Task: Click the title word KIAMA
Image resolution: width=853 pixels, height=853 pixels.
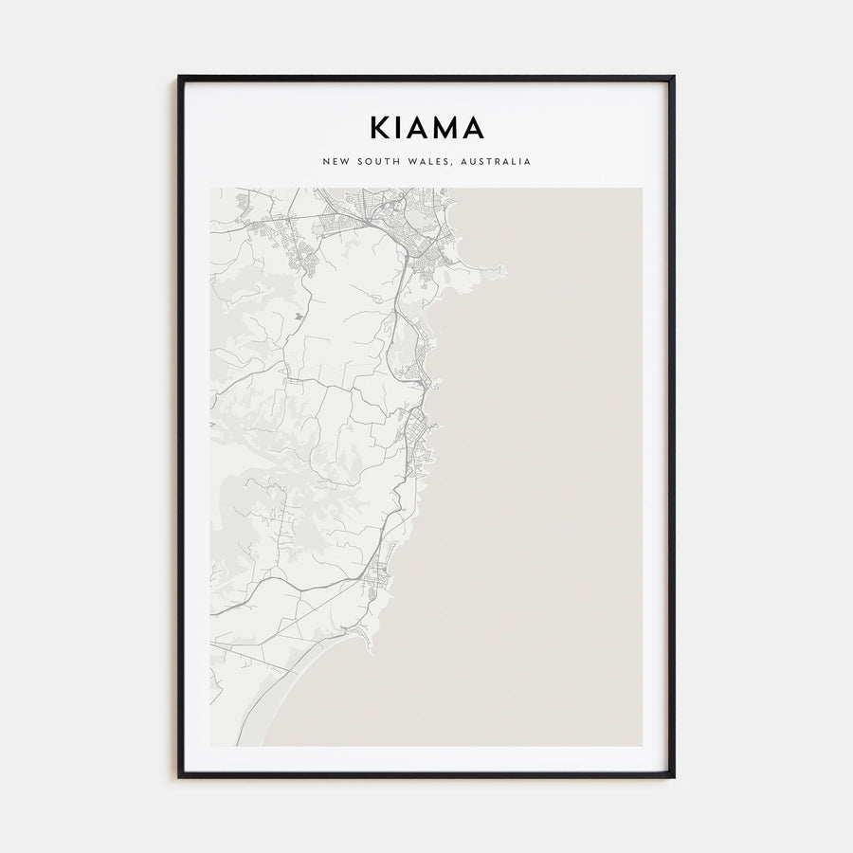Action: click(426, 128)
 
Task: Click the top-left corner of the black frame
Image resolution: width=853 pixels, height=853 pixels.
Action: click(178, 77)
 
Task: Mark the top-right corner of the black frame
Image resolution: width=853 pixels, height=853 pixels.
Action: click(674, 77)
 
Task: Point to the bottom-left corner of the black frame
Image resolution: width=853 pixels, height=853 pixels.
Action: click(178, 777)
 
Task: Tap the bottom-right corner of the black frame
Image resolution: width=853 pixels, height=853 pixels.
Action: click(674, 777)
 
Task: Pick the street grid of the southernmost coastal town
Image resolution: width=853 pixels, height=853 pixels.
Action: click(378, 578)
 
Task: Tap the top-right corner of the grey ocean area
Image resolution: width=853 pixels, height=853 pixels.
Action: click(642, 189)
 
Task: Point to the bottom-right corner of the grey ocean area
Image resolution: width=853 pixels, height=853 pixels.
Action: click(642, 745)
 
